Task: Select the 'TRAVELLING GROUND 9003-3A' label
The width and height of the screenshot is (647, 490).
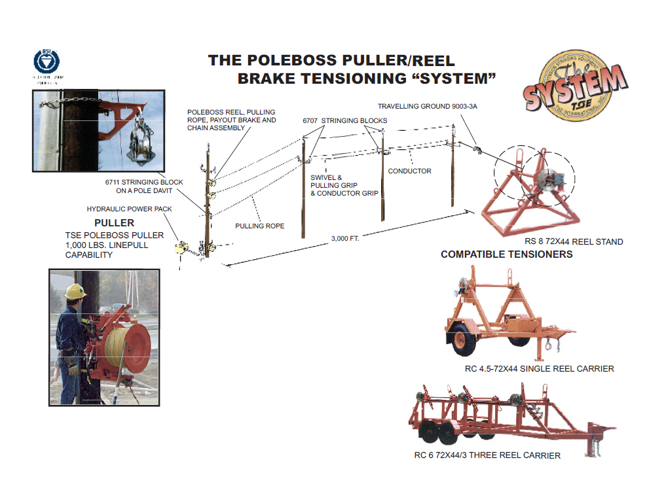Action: tap(427, 106)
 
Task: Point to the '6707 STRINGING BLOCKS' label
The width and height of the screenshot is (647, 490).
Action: tap(344, 121)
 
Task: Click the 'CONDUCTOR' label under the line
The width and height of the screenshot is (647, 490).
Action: tap(409, 171)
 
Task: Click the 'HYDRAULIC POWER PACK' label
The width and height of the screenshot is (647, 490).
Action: tap(129, 209)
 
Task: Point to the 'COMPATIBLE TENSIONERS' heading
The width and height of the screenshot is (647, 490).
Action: tap(506, 254)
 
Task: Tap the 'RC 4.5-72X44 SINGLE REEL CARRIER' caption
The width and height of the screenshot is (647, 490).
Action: tap(540, 369)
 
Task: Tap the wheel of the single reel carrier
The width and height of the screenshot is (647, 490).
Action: tap(464, 340)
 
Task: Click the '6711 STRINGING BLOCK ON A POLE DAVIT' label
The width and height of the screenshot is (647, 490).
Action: tap(144, 186)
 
